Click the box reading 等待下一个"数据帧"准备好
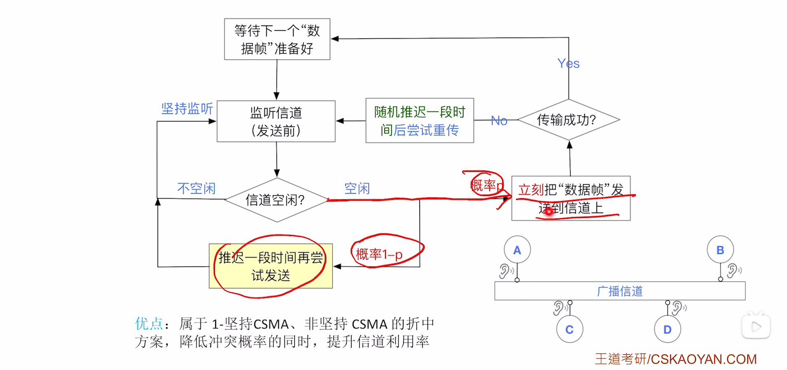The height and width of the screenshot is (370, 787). click(277, 39)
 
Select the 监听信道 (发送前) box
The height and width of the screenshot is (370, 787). click(276, 121)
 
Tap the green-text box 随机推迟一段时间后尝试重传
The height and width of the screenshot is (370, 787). click(420, 120)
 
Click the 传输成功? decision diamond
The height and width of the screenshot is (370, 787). click(568, 120)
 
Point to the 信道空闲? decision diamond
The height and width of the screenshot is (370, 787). click(276, 200)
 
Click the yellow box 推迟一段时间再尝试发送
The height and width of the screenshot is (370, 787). click(270, 266)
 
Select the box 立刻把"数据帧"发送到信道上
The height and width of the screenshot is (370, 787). click(571, 199)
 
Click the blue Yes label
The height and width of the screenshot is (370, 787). click(568, 63)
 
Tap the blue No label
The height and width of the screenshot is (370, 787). click(499, 121)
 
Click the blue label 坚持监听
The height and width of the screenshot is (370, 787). click(187, 109)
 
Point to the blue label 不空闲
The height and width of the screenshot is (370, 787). click(196, 189)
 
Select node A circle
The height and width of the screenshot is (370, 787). click(517, 250)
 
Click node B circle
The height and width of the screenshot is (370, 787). click(720, 250)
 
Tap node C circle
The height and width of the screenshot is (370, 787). click(569, 329)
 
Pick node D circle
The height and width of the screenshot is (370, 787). click(667, 329)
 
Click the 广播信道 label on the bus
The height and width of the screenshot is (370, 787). click(620, 291)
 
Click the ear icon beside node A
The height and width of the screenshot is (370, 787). click(505, 271)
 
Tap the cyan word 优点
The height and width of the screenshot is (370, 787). click(149, 324)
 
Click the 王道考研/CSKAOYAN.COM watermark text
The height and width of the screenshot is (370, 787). click(675, 359)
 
